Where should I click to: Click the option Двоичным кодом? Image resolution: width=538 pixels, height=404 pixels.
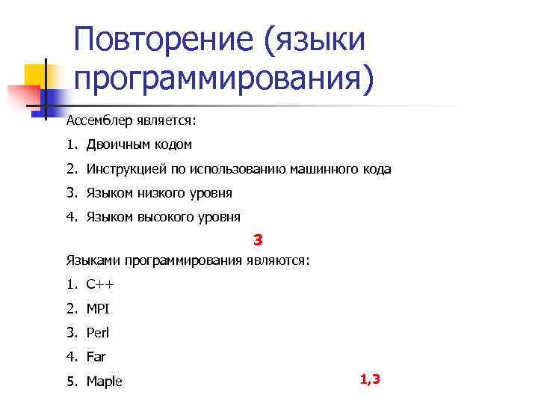139,144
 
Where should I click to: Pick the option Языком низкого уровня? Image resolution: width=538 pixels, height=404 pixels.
158,193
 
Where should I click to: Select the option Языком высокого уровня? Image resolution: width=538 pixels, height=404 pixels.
163,218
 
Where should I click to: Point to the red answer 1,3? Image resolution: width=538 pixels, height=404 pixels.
370,379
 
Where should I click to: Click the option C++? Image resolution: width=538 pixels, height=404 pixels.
100,284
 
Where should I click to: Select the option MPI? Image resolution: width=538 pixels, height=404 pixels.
98,308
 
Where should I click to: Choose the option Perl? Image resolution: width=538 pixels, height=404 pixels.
98,333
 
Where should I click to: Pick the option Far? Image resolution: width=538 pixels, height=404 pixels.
96,357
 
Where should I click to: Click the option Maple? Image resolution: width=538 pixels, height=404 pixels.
104,382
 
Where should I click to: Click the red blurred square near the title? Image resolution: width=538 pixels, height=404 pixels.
22,96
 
